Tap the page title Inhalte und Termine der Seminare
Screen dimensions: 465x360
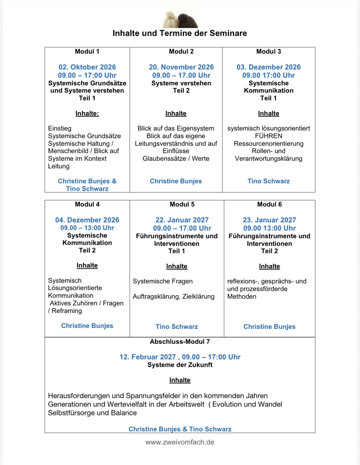(x=180, y=33)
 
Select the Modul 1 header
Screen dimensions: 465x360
(x=87, y=52)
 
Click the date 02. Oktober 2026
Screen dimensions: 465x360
(x=87, y=67)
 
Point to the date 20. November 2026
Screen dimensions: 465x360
(x=181, y=67)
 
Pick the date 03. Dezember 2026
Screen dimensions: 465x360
(x=268, y=67)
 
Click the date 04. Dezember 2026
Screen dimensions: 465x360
(x=87, y=220)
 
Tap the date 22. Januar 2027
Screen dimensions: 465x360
(x=182, y=220)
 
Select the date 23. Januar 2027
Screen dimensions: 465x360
(x=269, y=220)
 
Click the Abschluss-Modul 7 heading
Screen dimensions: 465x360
(x=180, y=342)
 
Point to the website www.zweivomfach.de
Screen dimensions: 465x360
(x=180, y=442)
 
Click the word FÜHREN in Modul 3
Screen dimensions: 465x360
(x=268, y=136)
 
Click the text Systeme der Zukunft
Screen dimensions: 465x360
(x=180, y=365)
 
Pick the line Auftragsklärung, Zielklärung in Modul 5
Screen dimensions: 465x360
(x=173, y=297)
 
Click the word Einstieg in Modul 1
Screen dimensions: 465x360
(x=60, y=128)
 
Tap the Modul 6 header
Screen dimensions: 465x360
(x=269, y=204)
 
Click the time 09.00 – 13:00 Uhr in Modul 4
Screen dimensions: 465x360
(x=87, y=228)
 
